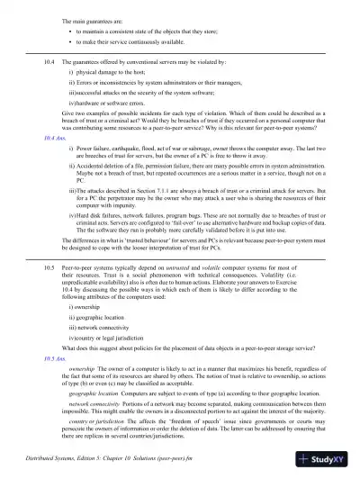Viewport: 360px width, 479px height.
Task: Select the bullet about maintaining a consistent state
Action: point(135,31)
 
